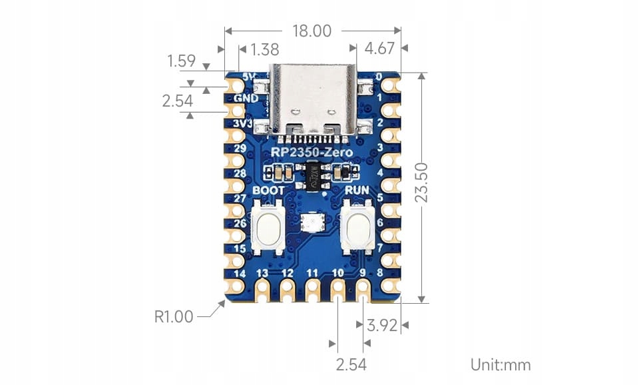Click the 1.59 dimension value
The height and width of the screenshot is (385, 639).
point(181,61)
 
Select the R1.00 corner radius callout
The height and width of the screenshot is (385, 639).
point(174,316)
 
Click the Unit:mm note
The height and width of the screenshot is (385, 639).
point(501,364)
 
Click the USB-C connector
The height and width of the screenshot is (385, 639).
point(312,100)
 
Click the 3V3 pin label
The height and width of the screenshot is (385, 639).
point(244,123)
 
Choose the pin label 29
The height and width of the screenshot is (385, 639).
point(241,148)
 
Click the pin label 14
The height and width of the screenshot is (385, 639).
point(240,273)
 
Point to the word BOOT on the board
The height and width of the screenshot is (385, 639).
point(269,190)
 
